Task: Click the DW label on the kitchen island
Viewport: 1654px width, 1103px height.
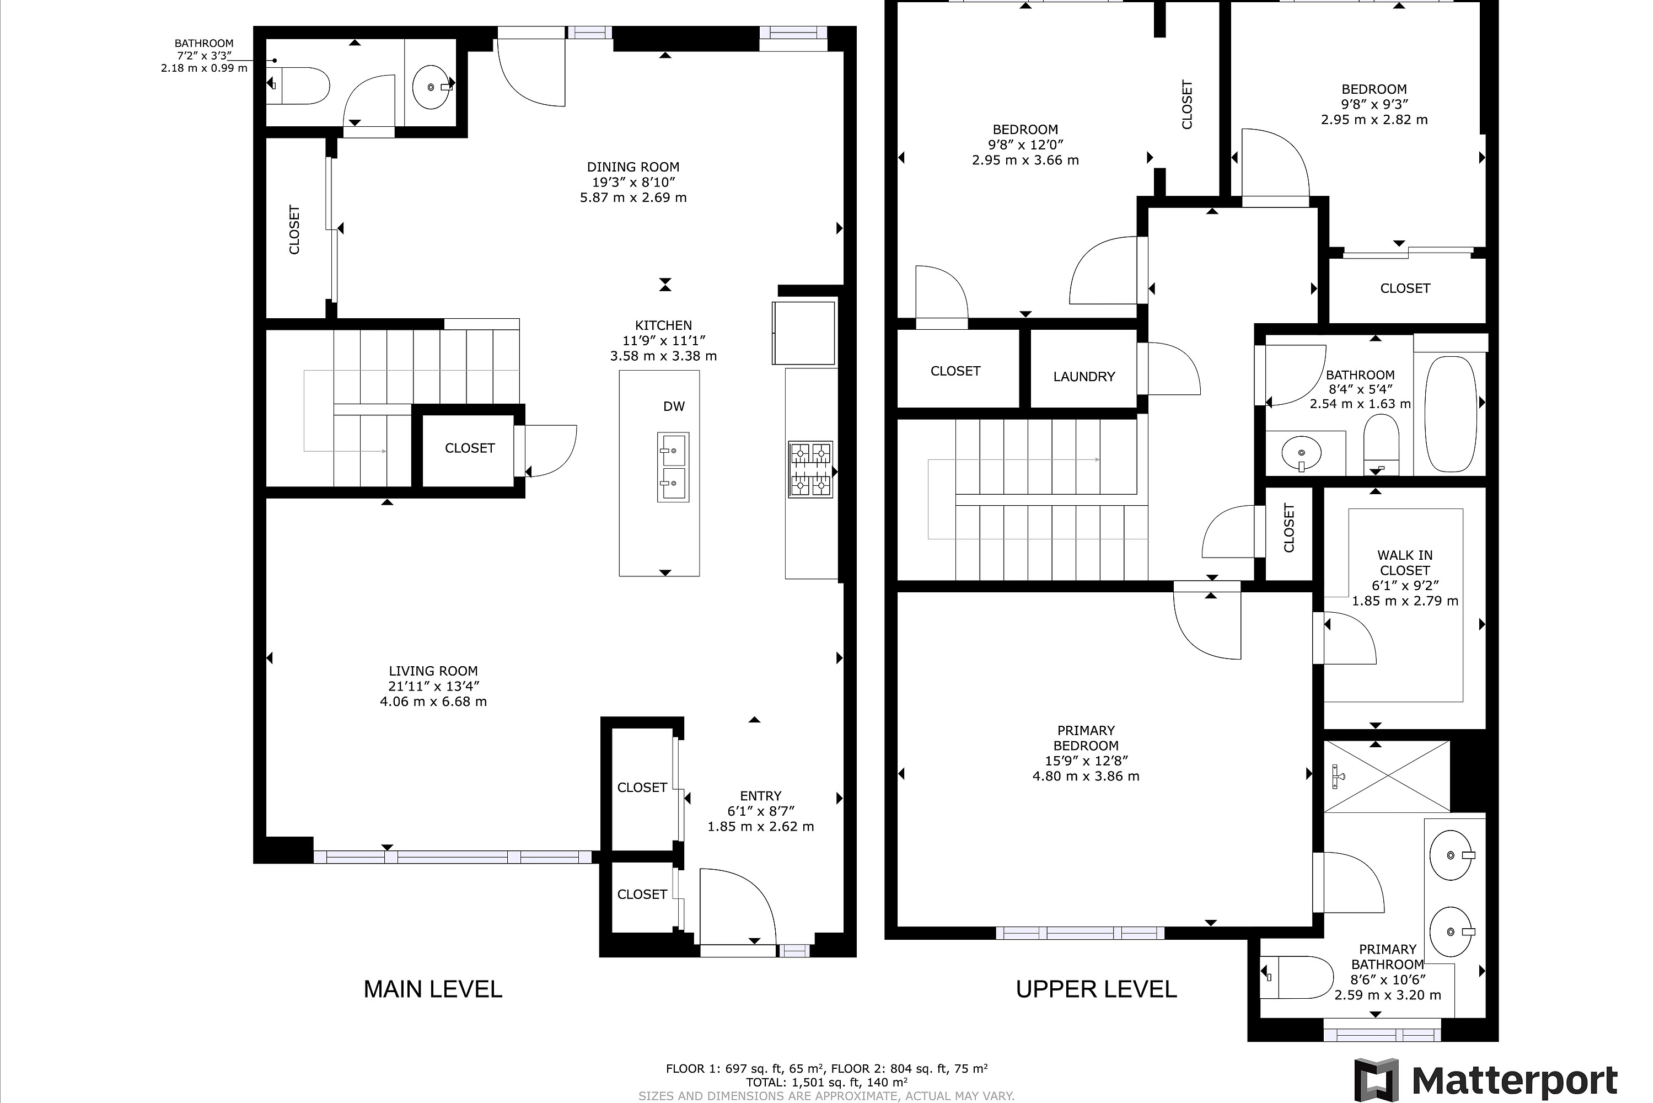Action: pyautogui.click(x=674, y=406)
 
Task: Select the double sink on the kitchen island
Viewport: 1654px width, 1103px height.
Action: pyautogui.click(x=673, y=467)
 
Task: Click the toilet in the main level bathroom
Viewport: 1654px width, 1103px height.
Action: pyautogui.click(x=298, y=86)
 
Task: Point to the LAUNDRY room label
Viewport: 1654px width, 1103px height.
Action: pyautogui.click(x=1084, y=376)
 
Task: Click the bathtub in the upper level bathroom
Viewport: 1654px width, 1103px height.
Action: pyautogui.click(x=1450, y=414)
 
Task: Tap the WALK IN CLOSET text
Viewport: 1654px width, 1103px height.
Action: pyautogui.click(x=1404, y=563)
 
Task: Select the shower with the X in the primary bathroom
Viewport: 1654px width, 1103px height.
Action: pyautogui.click(x=1386, y=777)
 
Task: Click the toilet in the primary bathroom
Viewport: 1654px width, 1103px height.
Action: pyautogui.click(x=1295, y=977)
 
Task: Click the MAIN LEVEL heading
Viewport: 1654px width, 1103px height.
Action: pyautogui.click(x=432, y=989)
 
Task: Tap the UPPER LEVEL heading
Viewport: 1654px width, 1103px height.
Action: pyautogui.click(x=1095, y=989)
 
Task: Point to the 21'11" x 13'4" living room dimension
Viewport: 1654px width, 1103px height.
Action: pyautogui.click(x=433, y=687)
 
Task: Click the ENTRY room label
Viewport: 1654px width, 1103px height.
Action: pyautogui.click(x=760, y=796)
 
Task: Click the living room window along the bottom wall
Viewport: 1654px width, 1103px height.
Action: pyautogui.click(x=452, y=857)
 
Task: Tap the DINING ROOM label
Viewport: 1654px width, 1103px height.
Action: pyautogui.click(x=633, y=167)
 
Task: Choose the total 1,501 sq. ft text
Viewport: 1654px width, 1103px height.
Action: pyautogui.click(x=826, y=1083)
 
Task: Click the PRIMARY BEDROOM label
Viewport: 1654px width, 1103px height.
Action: pyautogui.click(x=1085, y=738)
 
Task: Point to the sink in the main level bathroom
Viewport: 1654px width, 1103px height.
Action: pyautogui.click(x=429, y=87)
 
